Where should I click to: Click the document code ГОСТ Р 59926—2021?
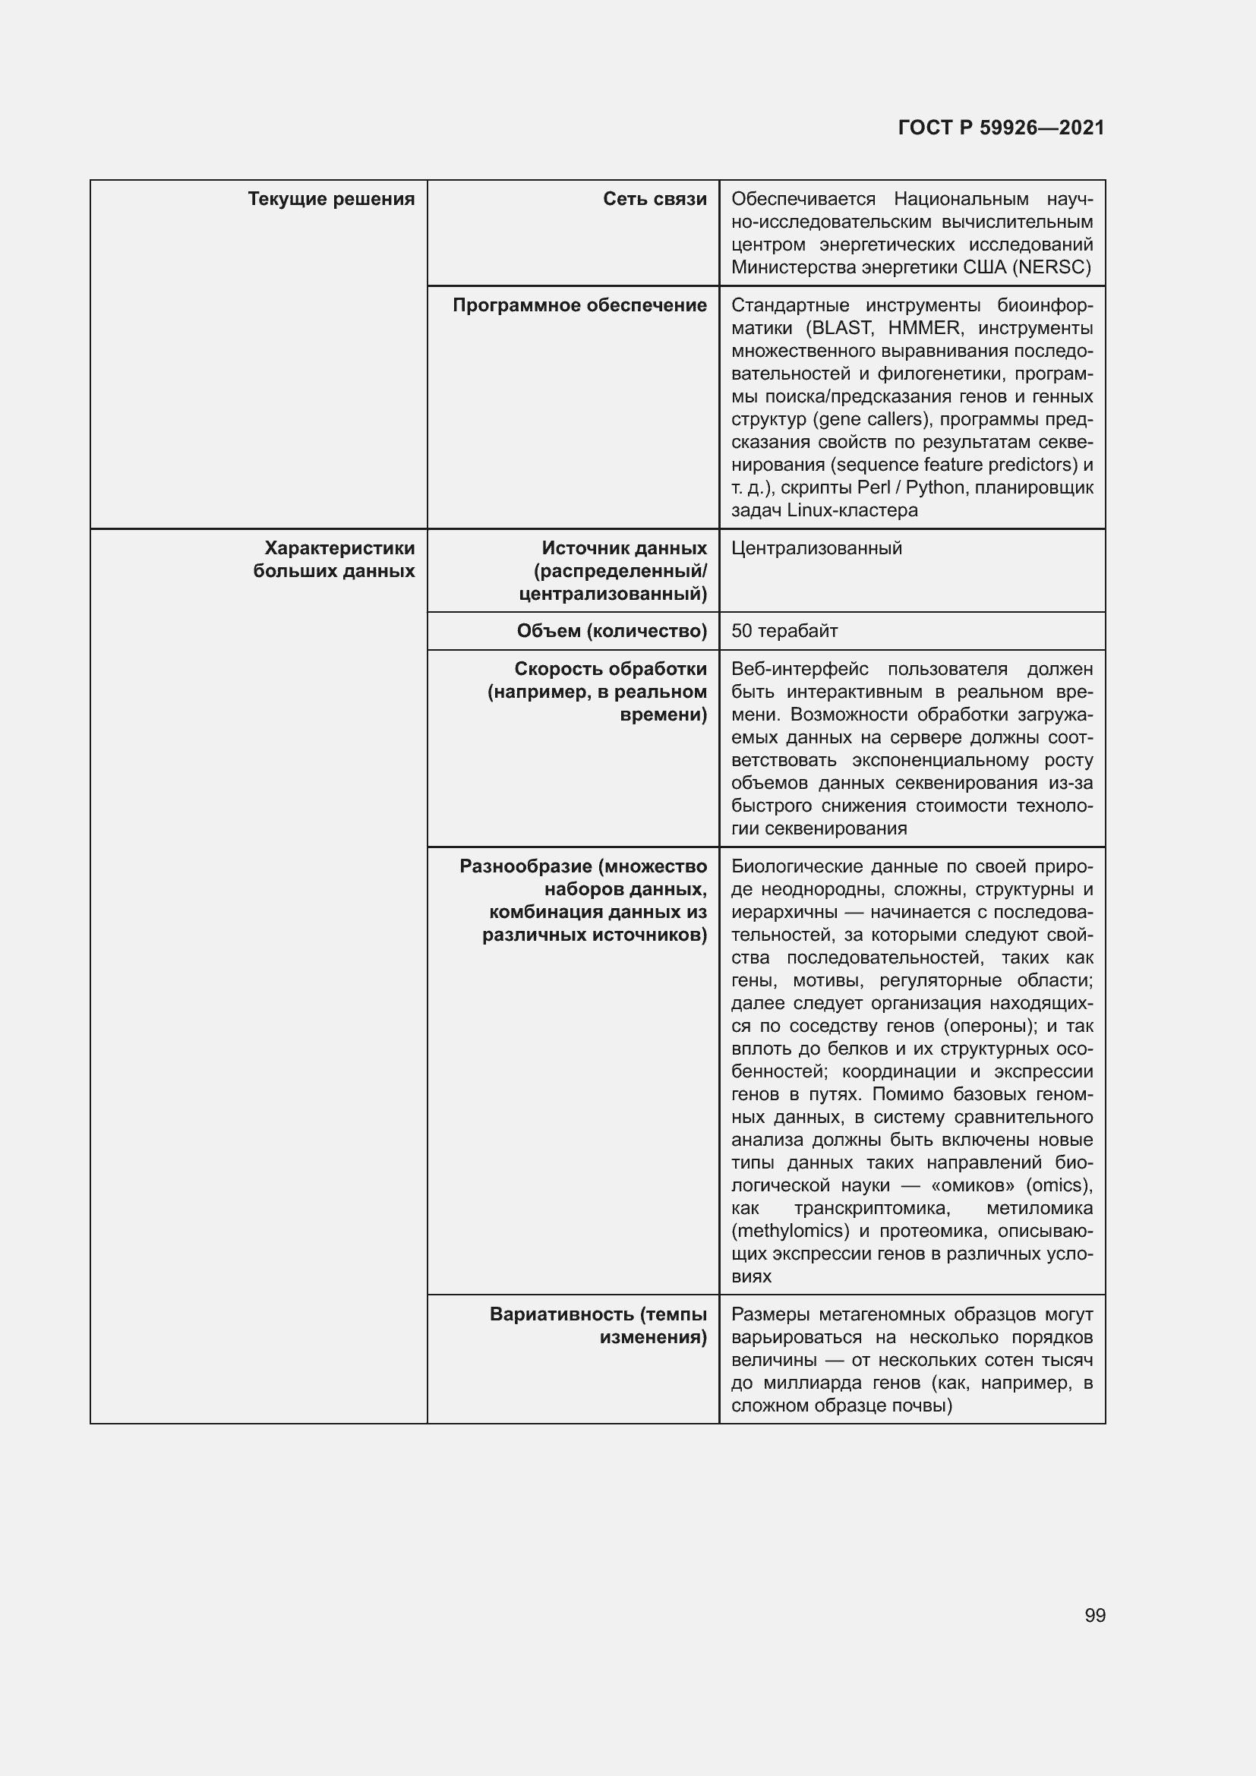(x=1001, y=128)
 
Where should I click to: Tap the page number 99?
(x=1094, y=1615)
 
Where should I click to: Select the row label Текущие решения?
(x=331, y=199)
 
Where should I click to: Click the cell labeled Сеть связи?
(x=655, y=199)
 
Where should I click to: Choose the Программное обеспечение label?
(x=579, y=305)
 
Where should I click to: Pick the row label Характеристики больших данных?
(x=335, y=560)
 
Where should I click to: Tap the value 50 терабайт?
(x=784, y=631)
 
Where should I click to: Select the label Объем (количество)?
(x=612, y=631)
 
